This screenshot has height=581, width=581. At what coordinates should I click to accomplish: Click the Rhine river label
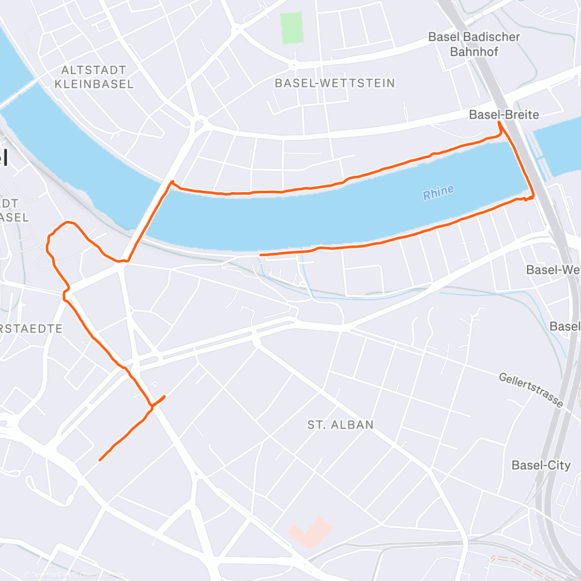[438, 192]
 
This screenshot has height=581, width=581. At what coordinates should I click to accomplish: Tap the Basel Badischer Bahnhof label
[474, 44]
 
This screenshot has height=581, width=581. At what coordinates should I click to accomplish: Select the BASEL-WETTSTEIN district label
[335, 83]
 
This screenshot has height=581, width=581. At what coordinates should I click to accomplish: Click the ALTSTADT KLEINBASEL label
[94, 77]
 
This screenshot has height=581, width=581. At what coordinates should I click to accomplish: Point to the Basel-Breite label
[504, 115]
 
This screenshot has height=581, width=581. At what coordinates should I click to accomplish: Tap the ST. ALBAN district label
[340, 425]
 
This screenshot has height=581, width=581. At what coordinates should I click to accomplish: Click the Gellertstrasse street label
[531, 390]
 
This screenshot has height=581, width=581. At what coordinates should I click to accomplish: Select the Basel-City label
[541, 465]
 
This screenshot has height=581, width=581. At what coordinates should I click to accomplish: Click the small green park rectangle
[292, 28]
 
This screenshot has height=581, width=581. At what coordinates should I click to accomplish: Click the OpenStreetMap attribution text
[102, 575]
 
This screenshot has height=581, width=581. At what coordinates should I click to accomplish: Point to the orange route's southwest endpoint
[100, 459]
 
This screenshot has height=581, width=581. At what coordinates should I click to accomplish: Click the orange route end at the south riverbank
[261, 255]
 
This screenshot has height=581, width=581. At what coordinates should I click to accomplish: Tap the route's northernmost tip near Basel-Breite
[499, 123]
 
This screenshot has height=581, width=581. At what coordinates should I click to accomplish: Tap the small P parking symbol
[155, 384]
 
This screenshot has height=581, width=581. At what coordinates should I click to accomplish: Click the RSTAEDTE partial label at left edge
[31, 329]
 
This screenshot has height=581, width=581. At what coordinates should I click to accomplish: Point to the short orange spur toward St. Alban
[159, 400]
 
